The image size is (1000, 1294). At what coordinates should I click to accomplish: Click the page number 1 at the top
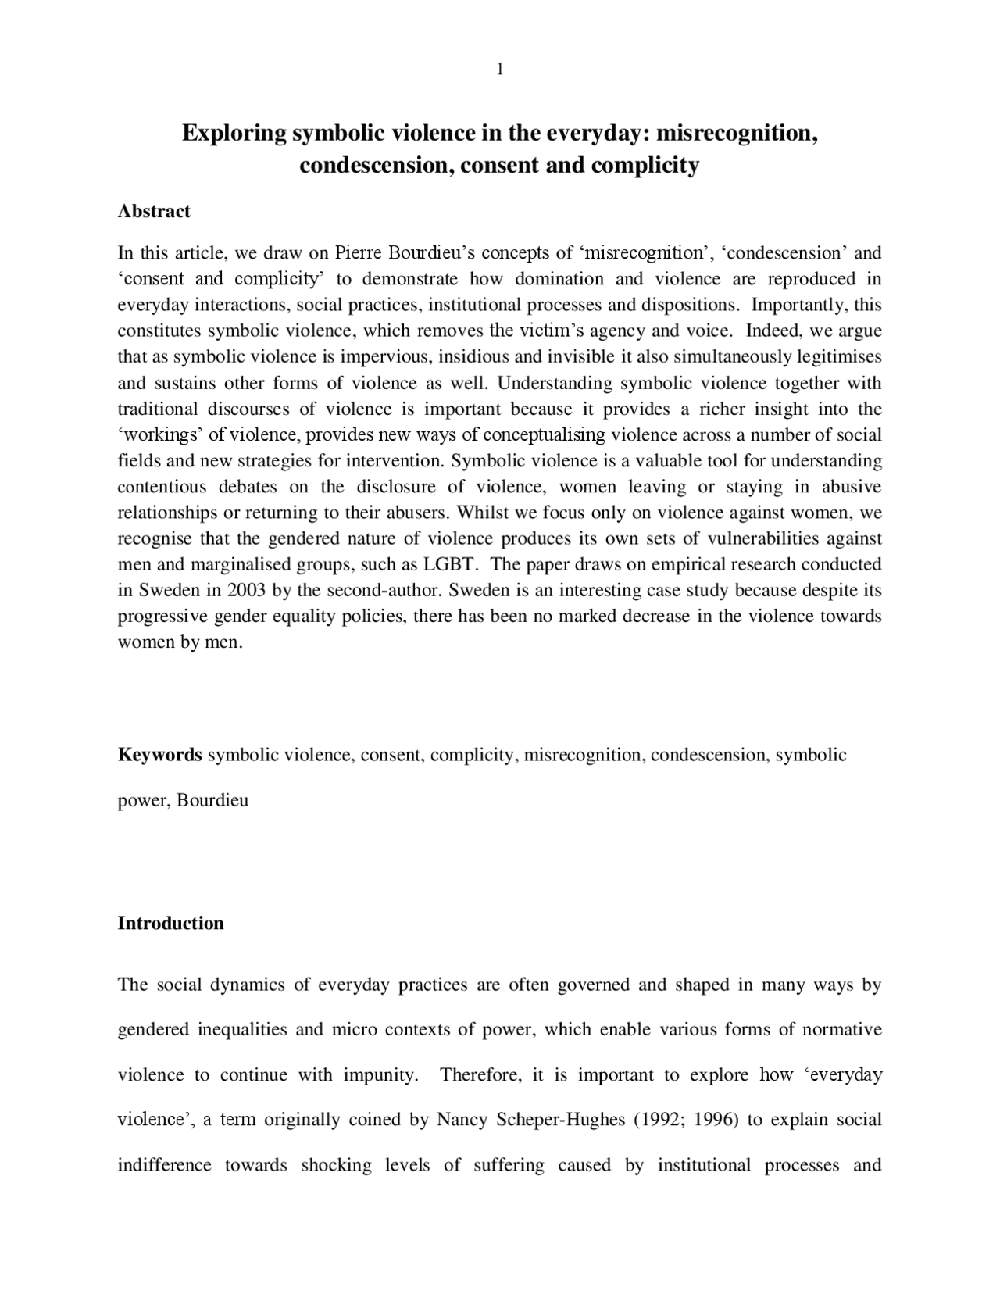tap(499, 70)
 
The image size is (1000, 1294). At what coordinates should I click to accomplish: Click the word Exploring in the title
tap(234, 133)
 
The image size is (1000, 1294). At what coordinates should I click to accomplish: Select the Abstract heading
tap(154, 211)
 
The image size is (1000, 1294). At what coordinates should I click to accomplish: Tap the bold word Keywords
tap(159, 755)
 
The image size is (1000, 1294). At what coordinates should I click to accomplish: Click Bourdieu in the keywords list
tap(212, 800)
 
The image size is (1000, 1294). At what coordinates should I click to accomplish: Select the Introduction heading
tap(170, 923)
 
